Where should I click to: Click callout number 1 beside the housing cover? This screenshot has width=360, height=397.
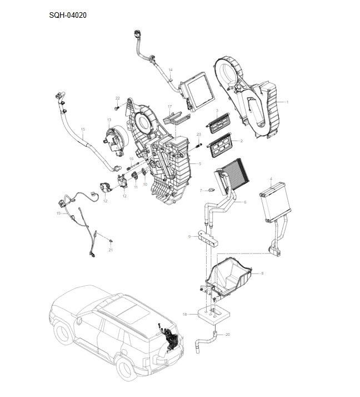pyautogui.click(x=287, y=102)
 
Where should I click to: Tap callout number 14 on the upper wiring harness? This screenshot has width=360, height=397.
pyautogui.click(x=171, y=70)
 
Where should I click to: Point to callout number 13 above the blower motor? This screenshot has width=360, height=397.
pyautogui.click(x=109, y=120)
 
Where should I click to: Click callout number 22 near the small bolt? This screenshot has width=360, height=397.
pyautogui.click(x=117, y=98)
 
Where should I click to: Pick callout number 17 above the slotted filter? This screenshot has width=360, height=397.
pyautogui.click(x=169, y=106)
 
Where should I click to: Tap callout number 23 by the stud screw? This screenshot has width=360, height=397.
pyautogui.click(x=198, y=135)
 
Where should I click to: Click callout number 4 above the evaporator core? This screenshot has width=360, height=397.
pyautogui.click(x=271, y=179)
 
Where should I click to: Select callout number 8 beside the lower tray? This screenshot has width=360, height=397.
pyautogui.click(x=262, y=273)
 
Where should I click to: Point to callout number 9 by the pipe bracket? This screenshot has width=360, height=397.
pyautogui.click(x=189, y=237)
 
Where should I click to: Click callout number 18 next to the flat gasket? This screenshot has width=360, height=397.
pyautogui.click(x=184, y=314)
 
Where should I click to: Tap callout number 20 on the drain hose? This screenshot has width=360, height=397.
pyautogui.click(x=227, y=334)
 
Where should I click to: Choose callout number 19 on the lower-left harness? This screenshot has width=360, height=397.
pyautogui.click(x=58, y=213)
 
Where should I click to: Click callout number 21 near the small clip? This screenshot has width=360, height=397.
pyautogui.click(x=111, y=250)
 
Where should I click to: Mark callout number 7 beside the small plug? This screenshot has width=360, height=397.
pyautogui.click(x=201, y=190)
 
